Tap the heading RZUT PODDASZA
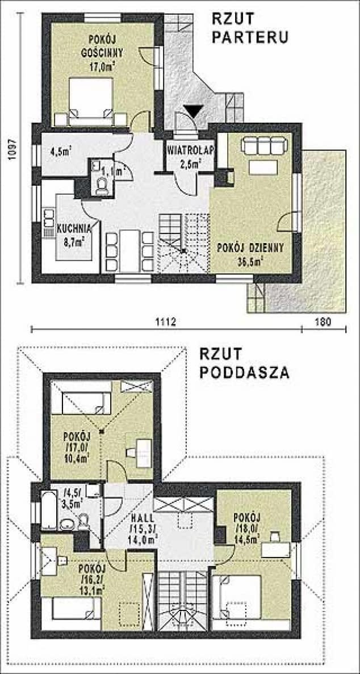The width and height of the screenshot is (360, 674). point(244,363)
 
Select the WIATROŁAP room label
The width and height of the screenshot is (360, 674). point(190,151)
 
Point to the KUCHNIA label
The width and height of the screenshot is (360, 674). point(74,230)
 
